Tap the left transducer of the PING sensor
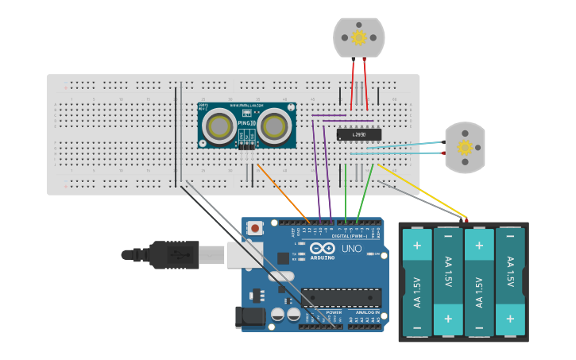(x=218, y=126)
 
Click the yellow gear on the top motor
(x=358, y=37)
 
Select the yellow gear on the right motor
(x=466, y=147)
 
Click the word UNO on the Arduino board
(x=351, y=249)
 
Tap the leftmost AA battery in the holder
(x=416, y=282)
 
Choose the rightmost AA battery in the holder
(x=510, y=282)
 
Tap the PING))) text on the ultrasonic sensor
(x=246, y=123)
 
